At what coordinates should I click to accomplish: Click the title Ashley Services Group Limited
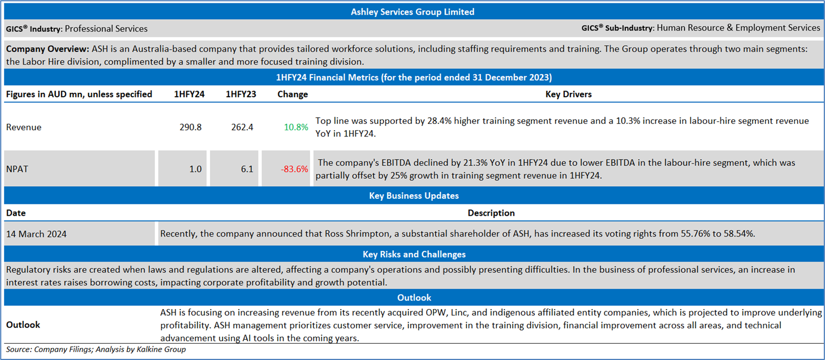[x=412, y=11]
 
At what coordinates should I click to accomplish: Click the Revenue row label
[x=24, y=127]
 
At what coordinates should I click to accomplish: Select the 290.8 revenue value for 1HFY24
[x=191, y=127]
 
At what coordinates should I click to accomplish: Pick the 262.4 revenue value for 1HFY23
[x=242, y=127]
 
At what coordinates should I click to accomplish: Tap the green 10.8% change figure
[x=295, y=127]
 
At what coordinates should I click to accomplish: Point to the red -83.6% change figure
[x=294, y=169]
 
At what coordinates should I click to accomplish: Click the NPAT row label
[x=17, y=169]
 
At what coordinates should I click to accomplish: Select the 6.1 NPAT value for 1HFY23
[x=247, y=169]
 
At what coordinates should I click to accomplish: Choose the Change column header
[x=293, y=94]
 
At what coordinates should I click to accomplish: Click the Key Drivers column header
[x=568, y=94]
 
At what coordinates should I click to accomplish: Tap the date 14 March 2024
[x=36, y=234]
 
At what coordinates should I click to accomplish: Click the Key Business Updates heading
[x=414, y=195]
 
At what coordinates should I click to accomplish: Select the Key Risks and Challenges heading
[x=414, y=254]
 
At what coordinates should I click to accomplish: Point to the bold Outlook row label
[x=23, y=325]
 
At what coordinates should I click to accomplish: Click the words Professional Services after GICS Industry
[x=106, y=28]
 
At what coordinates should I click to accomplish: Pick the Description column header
[x=491, y=213]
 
